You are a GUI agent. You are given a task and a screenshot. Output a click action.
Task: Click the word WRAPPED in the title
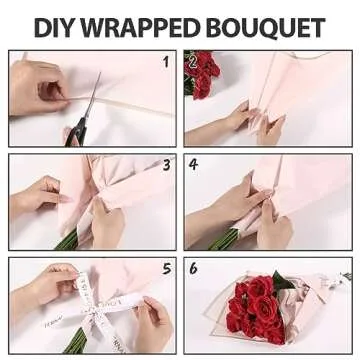150,27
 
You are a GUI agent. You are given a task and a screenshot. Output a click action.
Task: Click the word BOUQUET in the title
271,27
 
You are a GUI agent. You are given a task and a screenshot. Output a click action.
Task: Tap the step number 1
166,62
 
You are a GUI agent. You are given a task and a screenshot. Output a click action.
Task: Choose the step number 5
166,268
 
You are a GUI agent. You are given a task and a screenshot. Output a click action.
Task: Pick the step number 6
193,269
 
